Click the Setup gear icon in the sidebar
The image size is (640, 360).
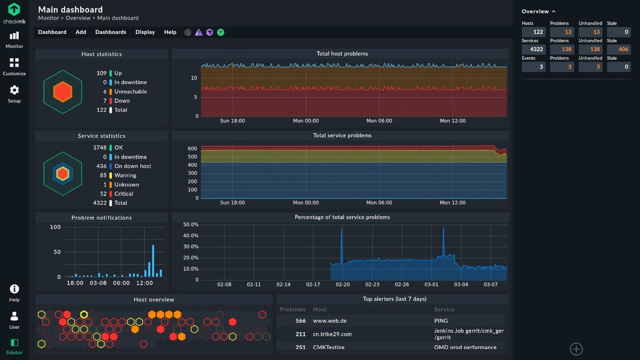tap(14, 90)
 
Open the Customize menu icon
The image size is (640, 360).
tap(14, 63)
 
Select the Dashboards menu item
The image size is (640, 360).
tap(111, 32)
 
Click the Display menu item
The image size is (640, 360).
tap(145, 32)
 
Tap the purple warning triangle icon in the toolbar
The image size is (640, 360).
tap(198, 33)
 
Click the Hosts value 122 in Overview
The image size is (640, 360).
tap(534, 32)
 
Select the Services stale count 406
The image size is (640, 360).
tap(619, 49)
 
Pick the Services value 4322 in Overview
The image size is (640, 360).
tap(534, 49)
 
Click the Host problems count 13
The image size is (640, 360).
tap(562, 32)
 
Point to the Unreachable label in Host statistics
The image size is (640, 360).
tap(130, 92)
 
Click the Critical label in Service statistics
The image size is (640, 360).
tap(124, 194)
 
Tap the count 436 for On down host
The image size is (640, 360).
tap(101, 166)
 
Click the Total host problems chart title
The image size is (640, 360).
tap(342, 54)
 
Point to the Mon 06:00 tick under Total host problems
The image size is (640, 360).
tap(379, 121)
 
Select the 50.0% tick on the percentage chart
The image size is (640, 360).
tap(191, 225)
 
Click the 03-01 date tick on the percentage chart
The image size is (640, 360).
tap(431, 285)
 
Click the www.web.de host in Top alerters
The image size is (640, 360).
tap(330, 321)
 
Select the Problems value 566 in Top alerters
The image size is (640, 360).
tap(300, 321)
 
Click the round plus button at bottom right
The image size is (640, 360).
tap(576, 349)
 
